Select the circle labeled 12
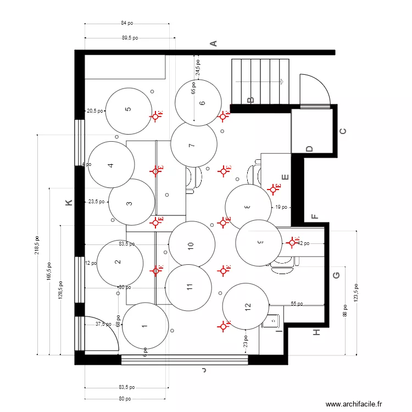[x=246, y=306]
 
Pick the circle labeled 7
[x=193, y=145]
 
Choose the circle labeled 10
[x=191, y=244]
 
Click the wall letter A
[x=215, y=43]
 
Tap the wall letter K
[x=69, y=203]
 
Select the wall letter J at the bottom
[x=203, y=371]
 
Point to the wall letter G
[x=336, y=275]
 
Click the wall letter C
[x=343, y=131]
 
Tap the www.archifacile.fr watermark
[x=353, y=404]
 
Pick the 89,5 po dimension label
[x=130, y=38]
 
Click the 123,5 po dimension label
[x=357, y=293]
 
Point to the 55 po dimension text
[x=297, y=303]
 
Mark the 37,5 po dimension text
[x=103, y=324]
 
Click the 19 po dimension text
[x=281, y=207]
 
